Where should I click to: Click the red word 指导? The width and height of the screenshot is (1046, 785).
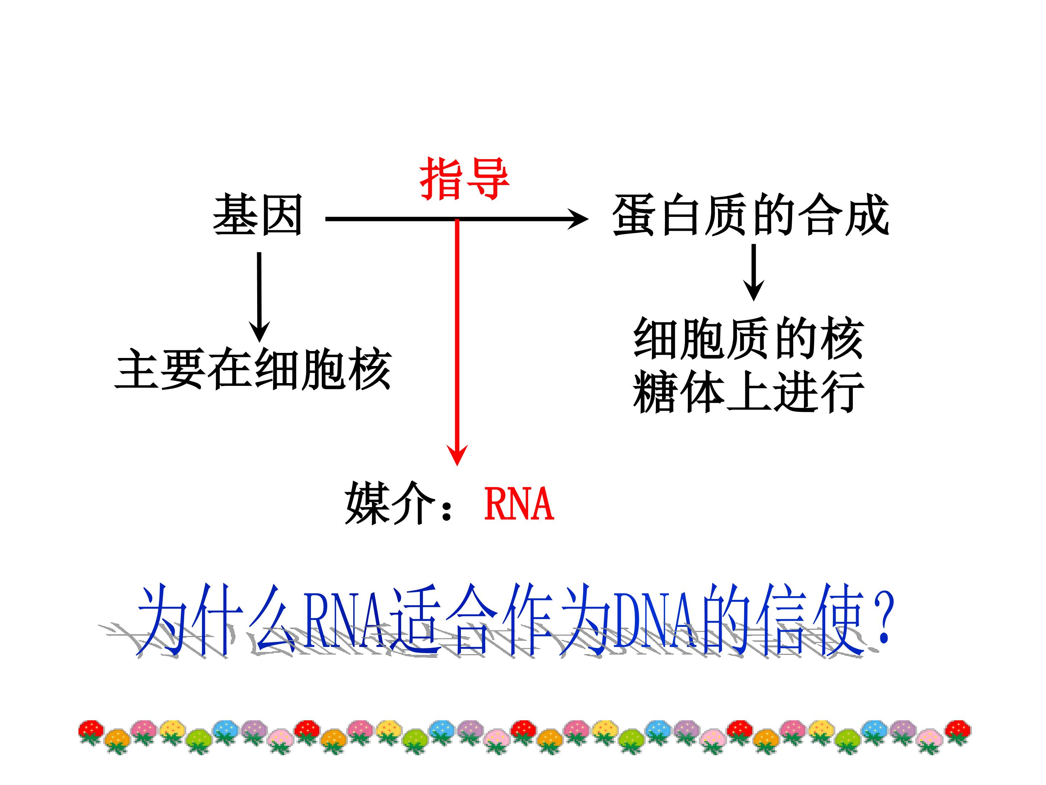[465, 178]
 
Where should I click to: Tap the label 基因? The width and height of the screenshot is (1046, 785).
[258, 215]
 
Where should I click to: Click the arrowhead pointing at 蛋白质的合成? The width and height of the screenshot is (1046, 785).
[578, 219]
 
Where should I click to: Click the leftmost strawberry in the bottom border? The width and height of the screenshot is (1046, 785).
[90, 732]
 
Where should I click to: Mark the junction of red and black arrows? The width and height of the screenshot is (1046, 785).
[457, 219]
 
